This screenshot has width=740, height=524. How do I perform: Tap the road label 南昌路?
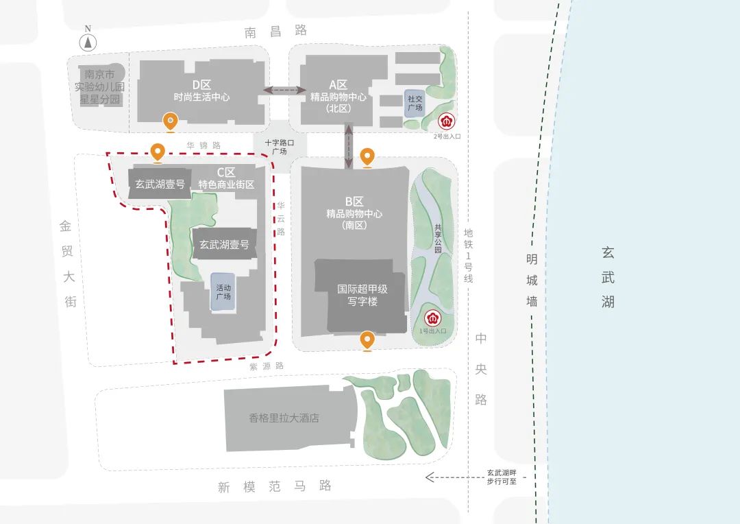(275, 31)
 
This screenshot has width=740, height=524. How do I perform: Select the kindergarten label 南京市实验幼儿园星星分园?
(100, 87)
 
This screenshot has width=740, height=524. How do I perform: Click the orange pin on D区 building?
(171, 121)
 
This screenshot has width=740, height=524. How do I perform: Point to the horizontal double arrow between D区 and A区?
(285, 90)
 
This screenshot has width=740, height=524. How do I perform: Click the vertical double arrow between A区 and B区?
(349, 145)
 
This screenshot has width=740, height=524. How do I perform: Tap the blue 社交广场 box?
(415, 104)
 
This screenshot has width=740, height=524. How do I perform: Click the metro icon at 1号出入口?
(432, 318)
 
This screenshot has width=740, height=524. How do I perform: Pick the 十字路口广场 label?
(280, 147)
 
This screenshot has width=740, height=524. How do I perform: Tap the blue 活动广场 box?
(223, 292)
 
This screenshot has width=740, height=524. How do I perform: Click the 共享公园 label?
(438, 239)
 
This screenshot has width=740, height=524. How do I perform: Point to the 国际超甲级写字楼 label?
(362, 295)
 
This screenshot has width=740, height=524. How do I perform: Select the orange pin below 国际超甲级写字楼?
(368, 340)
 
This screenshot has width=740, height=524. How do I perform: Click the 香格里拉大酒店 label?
(284, 418)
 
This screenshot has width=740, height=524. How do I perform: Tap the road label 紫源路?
(267, 366)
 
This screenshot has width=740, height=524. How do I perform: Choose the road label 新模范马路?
(275, 486)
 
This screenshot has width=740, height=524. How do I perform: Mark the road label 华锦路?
(203, 145)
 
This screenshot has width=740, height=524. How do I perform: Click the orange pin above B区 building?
(368, 157)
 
